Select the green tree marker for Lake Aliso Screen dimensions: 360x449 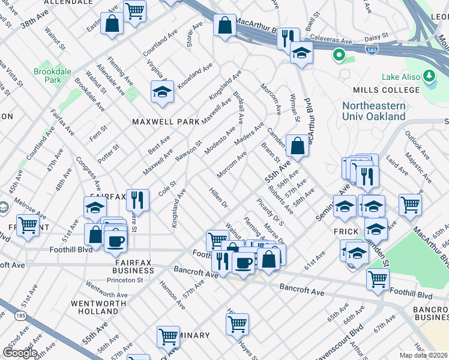(x=429, y=76)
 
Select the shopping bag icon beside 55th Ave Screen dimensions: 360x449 (x=298, y=146)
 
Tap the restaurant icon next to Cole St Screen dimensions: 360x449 (x=139, y=201)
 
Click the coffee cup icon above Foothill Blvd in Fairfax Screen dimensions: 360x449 (x=115, y=241)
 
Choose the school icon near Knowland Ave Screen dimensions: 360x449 (x=162, y=92)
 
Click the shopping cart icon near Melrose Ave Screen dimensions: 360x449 (x=28, y=226)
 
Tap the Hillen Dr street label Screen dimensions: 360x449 (x=218, y=197)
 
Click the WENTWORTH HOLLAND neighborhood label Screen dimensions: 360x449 (x=94, y=307)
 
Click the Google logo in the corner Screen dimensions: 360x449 (x=20, y=353)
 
